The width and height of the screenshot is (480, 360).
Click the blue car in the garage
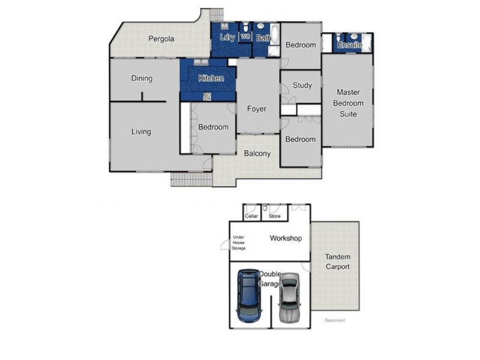(x=249, y=296)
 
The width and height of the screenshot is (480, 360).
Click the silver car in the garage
(x=289, y=298)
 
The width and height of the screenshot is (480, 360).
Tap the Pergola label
(x=161, y=39)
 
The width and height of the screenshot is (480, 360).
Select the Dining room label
(x=142, y=78)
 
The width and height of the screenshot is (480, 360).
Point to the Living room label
(x=141, y=131)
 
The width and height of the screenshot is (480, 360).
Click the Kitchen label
(x=211, y=78)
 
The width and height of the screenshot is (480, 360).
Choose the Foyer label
(x=257, y=109)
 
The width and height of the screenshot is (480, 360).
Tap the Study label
(x=302, y=85)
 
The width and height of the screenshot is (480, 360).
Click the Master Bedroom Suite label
(x=348, y=103)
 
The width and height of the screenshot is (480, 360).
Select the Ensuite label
(x=349, y=45)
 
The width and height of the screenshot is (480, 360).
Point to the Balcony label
(x=257, y=153)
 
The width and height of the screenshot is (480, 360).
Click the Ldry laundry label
(x=227, y=38)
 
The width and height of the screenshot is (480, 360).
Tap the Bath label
(x=263, y=38)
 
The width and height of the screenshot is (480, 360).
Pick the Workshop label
(x=285, y=238)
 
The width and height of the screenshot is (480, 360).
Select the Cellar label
(x=251, y=216)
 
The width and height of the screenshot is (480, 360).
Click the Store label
(x=275, y=216)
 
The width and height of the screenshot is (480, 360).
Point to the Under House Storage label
(x=239, y=242)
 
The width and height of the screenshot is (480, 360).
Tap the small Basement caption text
(x=335, y=320)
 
